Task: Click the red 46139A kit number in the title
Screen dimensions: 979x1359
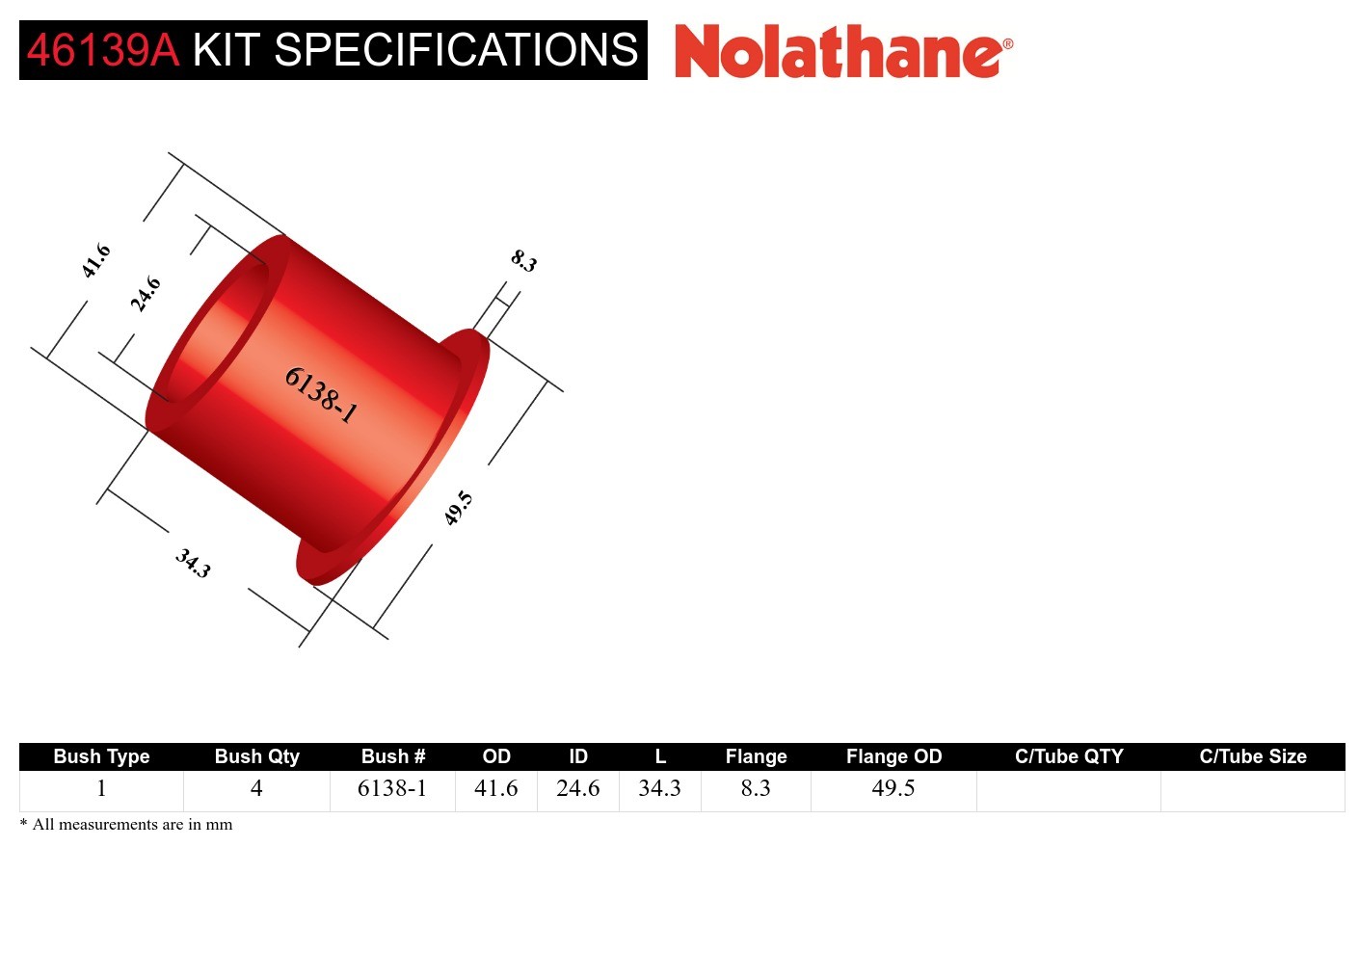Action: [x=103, y=50]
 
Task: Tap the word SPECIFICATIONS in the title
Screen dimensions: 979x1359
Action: [x=456, y=50]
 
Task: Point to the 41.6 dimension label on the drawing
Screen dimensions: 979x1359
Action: [x=96, y=261]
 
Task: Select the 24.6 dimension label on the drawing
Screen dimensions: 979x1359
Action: [x=146, y=294]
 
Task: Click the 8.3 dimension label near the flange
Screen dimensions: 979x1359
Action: [x=523, y=260]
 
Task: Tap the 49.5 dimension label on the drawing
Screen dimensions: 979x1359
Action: [x=458, y=508]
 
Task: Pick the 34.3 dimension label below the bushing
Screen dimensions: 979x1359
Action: [x=193, y=563]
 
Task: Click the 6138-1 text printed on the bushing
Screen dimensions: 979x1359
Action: [x=321, y=395]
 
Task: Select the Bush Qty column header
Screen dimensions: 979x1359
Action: [x=256, y=756]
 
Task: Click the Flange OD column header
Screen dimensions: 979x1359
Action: [x=893, y=756]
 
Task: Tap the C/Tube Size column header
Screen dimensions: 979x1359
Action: [x=1252, y=756]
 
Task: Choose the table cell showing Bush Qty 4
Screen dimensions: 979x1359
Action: [x=256, y=788]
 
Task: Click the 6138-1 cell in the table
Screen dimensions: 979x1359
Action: [x=392, y=788]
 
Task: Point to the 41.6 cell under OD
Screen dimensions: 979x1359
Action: [x=495, y=788]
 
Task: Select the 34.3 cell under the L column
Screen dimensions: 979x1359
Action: [x=659, y=788]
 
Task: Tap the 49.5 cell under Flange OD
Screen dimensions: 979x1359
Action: [x=893, y=788]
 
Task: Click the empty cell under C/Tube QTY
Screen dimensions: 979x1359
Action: [x=1068, y=790]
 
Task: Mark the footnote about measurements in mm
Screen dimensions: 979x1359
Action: [x=126, y=825]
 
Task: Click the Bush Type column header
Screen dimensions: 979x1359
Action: [x=101, y=756]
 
